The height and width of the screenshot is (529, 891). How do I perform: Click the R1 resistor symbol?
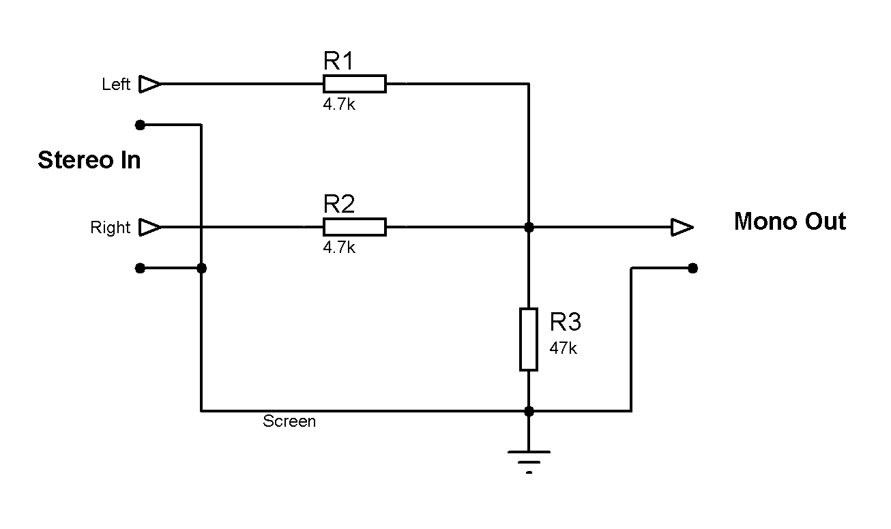354,84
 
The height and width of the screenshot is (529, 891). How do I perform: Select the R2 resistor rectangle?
354,227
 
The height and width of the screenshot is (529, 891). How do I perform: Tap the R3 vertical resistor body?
529,339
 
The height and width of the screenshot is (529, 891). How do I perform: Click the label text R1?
338,62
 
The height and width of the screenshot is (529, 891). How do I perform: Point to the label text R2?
339,205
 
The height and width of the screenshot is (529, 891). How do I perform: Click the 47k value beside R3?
564,348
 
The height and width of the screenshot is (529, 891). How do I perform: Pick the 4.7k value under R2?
339,247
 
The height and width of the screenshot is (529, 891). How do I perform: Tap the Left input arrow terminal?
149,84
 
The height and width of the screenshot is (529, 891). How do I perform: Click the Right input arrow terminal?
149,227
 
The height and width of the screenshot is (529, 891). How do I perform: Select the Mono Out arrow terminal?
682,227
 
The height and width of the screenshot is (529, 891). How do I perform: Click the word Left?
116,85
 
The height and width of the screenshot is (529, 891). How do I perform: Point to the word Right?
110,228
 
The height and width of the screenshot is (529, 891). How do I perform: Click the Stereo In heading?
89,160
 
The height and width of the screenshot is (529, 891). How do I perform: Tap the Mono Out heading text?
789,222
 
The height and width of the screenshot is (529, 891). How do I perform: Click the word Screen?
289,421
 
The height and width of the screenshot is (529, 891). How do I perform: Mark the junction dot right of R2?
529,227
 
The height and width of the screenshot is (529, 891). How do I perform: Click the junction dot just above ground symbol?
529,411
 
